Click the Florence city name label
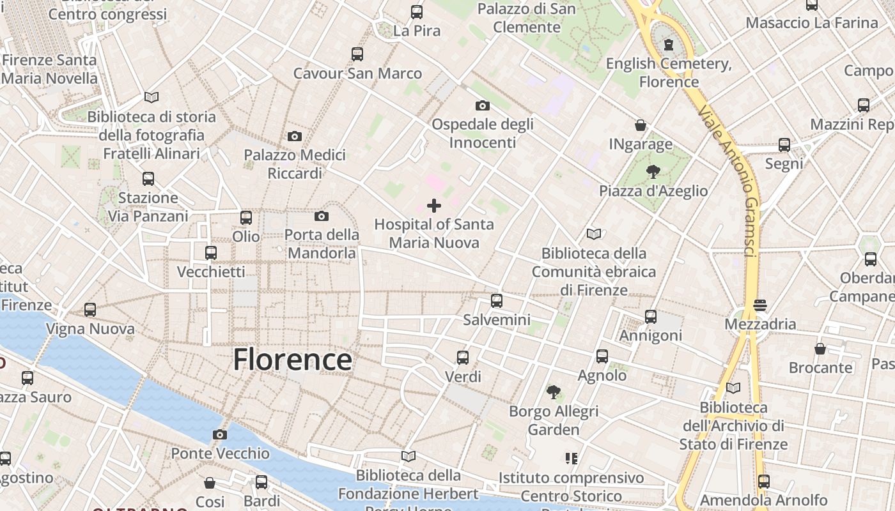(292, 360)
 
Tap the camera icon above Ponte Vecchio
(220, 435)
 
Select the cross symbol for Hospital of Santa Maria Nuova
(434, 206)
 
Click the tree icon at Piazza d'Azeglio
(653, 171)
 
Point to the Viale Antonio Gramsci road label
(729, 182)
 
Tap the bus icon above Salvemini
(497, 300)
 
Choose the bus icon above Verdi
(463, 358)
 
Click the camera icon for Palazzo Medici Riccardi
(295, 136)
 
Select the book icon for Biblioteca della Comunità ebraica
(594, 234)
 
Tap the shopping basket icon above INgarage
(641, 125)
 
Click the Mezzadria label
(760, 324)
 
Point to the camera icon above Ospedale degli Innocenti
(483, 105)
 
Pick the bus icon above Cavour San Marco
(357, 54)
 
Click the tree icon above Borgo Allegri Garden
(554, 392)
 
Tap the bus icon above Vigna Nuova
(90, 310)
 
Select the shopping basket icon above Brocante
(820, 349)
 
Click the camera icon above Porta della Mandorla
(322, 217)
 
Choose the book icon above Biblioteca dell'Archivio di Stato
(733, 388)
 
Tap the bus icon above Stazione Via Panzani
(148, 179)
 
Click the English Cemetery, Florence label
(669, 72)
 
